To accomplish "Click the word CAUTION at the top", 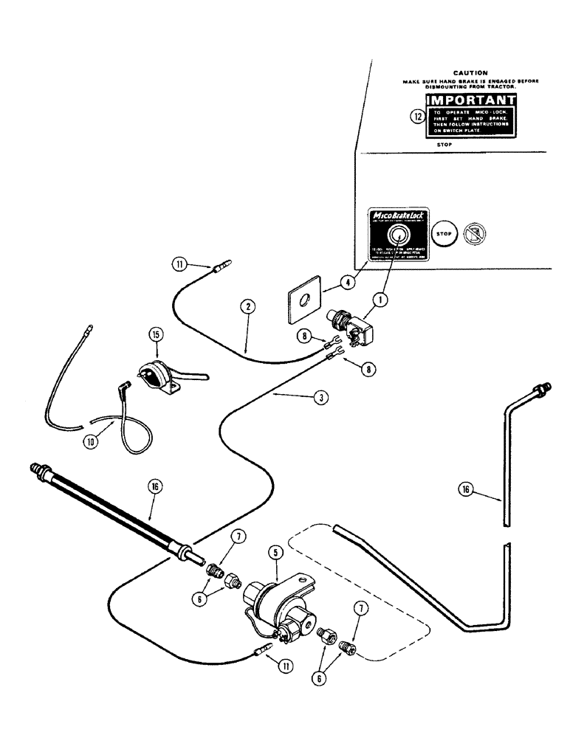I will pyautogui.click(x=468, y=73).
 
